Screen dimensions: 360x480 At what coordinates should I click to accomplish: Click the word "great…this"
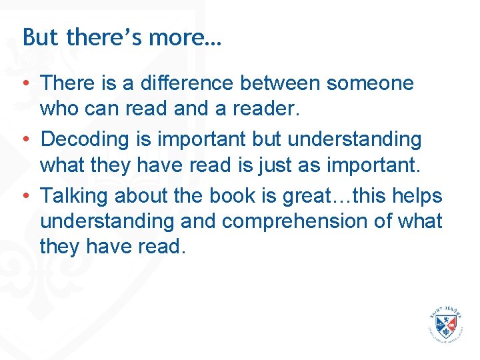[329, 196]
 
